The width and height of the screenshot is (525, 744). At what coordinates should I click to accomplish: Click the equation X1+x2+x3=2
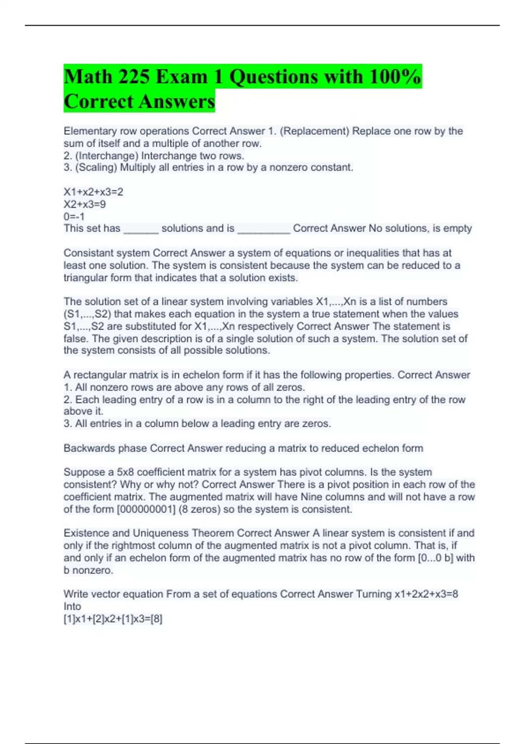point(93,192)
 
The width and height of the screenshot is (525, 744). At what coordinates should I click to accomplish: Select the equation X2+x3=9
point(84,204)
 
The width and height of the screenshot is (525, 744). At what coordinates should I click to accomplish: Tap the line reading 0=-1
point(74,217)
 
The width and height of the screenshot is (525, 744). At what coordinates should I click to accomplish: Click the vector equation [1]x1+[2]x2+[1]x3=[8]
point(113,619)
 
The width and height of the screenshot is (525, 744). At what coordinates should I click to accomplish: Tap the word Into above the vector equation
point(72,607)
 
